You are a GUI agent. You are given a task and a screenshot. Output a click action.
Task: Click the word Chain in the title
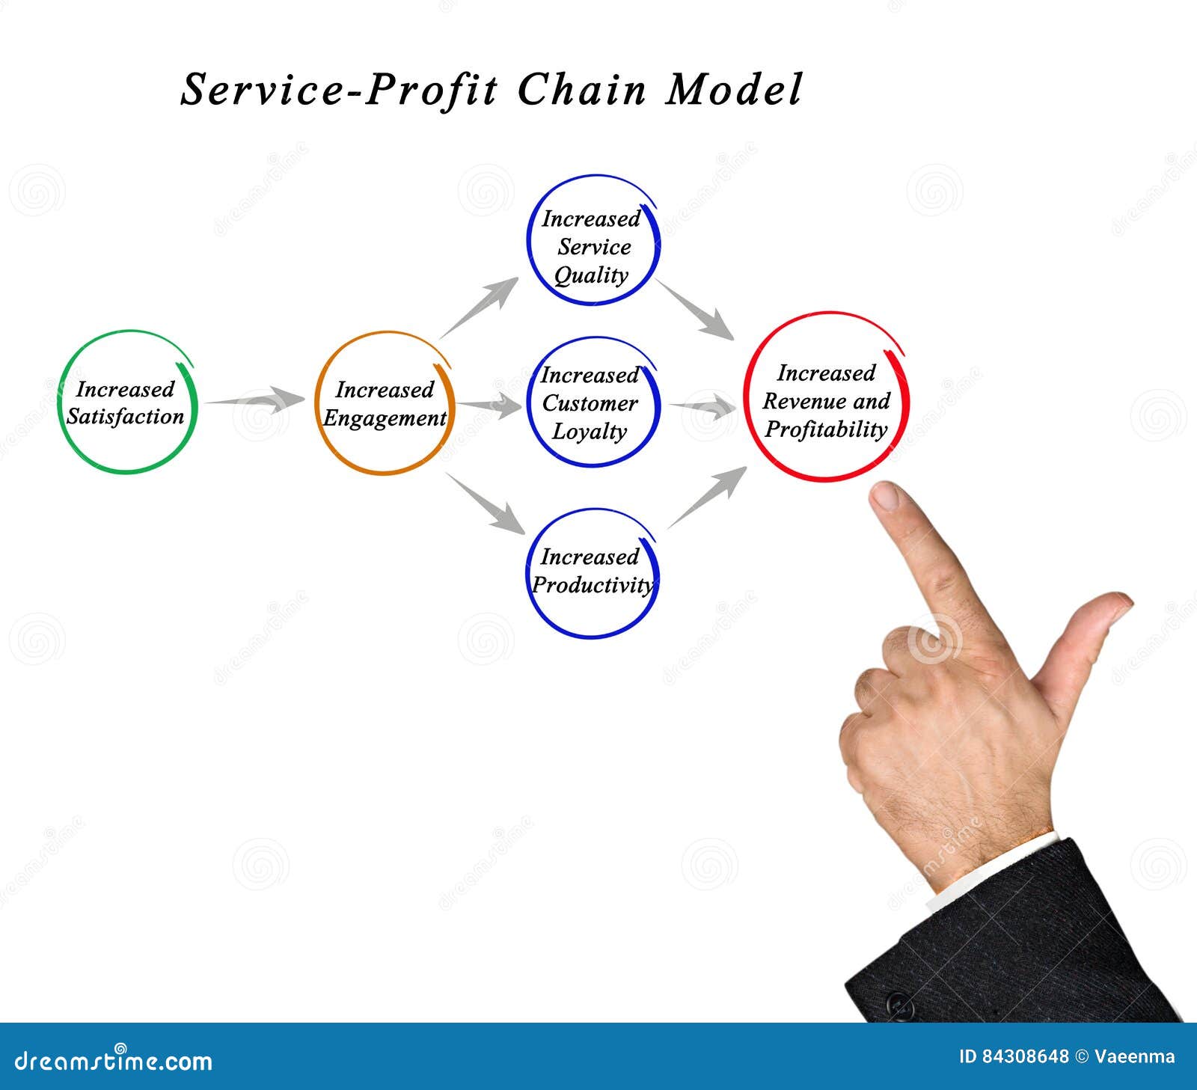tap(581, 90)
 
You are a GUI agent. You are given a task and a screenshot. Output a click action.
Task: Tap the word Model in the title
tap(733, 90)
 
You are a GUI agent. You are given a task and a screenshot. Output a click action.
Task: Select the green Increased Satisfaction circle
tap(127, 402)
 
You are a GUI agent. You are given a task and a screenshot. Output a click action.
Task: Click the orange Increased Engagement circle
tap(384, 403)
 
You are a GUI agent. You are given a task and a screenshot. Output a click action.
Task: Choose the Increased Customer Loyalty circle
tap(592, 402)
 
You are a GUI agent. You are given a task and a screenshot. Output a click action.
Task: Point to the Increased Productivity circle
tap(592, 572)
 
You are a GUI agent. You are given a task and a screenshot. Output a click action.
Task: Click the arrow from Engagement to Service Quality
tap(480, 306)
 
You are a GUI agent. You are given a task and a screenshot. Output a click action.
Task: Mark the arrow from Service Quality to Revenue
tap(695, 309)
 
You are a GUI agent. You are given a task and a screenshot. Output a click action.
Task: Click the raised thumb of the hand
tap(1100, 621)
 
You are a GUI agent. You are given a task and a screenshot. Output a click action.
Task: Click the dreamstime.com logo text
tap(114, 1060)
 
